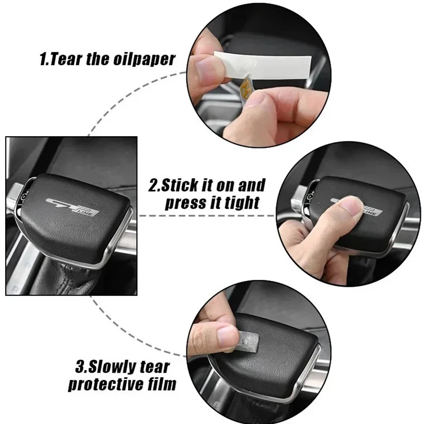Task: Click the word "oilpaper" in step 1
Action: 144,59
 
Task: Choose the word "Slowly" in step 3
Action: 113,367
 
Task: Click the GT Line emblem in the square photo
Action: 72,207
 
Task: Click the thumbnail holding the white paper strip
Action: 207,68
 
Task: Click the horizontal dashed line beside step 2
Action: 207,216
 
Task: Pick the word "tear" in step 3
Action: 155,367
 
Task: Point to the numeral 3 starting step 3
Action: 81,367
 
